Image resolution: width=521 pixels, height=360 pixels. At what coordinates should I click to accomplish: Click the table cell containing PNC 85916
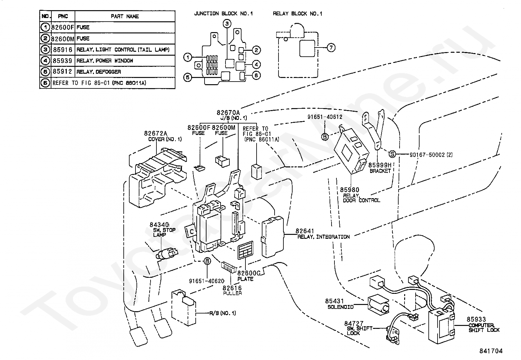[63, 49]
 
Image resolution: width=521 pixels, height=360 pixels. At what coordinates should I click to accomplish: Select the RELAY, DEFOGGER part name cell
[125, 72]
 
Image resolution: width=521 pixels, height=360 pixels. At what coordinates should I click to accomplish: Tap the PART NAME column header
[125, 16]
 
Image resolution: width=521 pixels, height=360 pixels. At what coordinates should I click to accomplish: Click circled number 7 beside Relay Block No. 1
[331, 48]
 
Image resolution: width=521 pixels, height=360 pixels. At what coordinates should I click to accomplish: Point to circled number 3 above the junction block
[227, 23]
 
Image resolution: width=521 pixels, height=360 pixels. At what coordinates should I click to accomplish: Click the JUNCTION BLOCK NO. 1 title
[224, 13]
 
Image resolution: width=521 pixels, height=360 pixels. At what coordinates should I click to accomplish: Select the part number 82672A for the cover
[155, 133]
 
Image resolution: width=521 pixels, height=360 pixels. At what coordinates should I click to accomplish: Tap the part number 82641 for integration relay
[305, 231]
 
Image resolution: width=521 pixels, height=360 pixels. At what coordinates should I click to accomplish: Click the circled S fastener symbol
[392, 154]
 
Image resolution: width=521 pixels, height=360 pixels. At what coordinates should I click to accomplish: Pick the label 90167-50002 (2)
[431, 155]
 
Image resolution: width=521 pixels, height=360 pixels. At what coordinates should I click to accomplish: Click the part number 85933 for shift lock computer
[476, 319]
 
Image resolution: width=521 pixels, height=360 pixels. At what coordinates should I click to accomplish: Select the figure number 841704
[491, 351]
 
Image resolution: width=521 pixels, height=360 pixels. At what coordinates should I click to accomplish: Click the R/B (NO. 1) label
[223, 313]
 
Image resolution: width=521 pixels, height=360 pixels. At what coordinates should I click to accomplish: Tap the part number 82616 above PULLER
[232, 288]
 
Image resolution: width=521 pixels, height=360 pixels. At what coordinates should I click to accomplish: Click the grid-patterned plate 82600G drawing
[245, 250]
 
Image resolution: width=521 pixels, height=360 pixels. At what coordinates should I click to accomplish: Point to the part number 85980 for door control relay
[350, 190]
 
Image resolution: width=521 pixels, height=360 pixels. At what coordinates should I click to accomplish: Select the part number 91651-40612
[325, 117]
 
